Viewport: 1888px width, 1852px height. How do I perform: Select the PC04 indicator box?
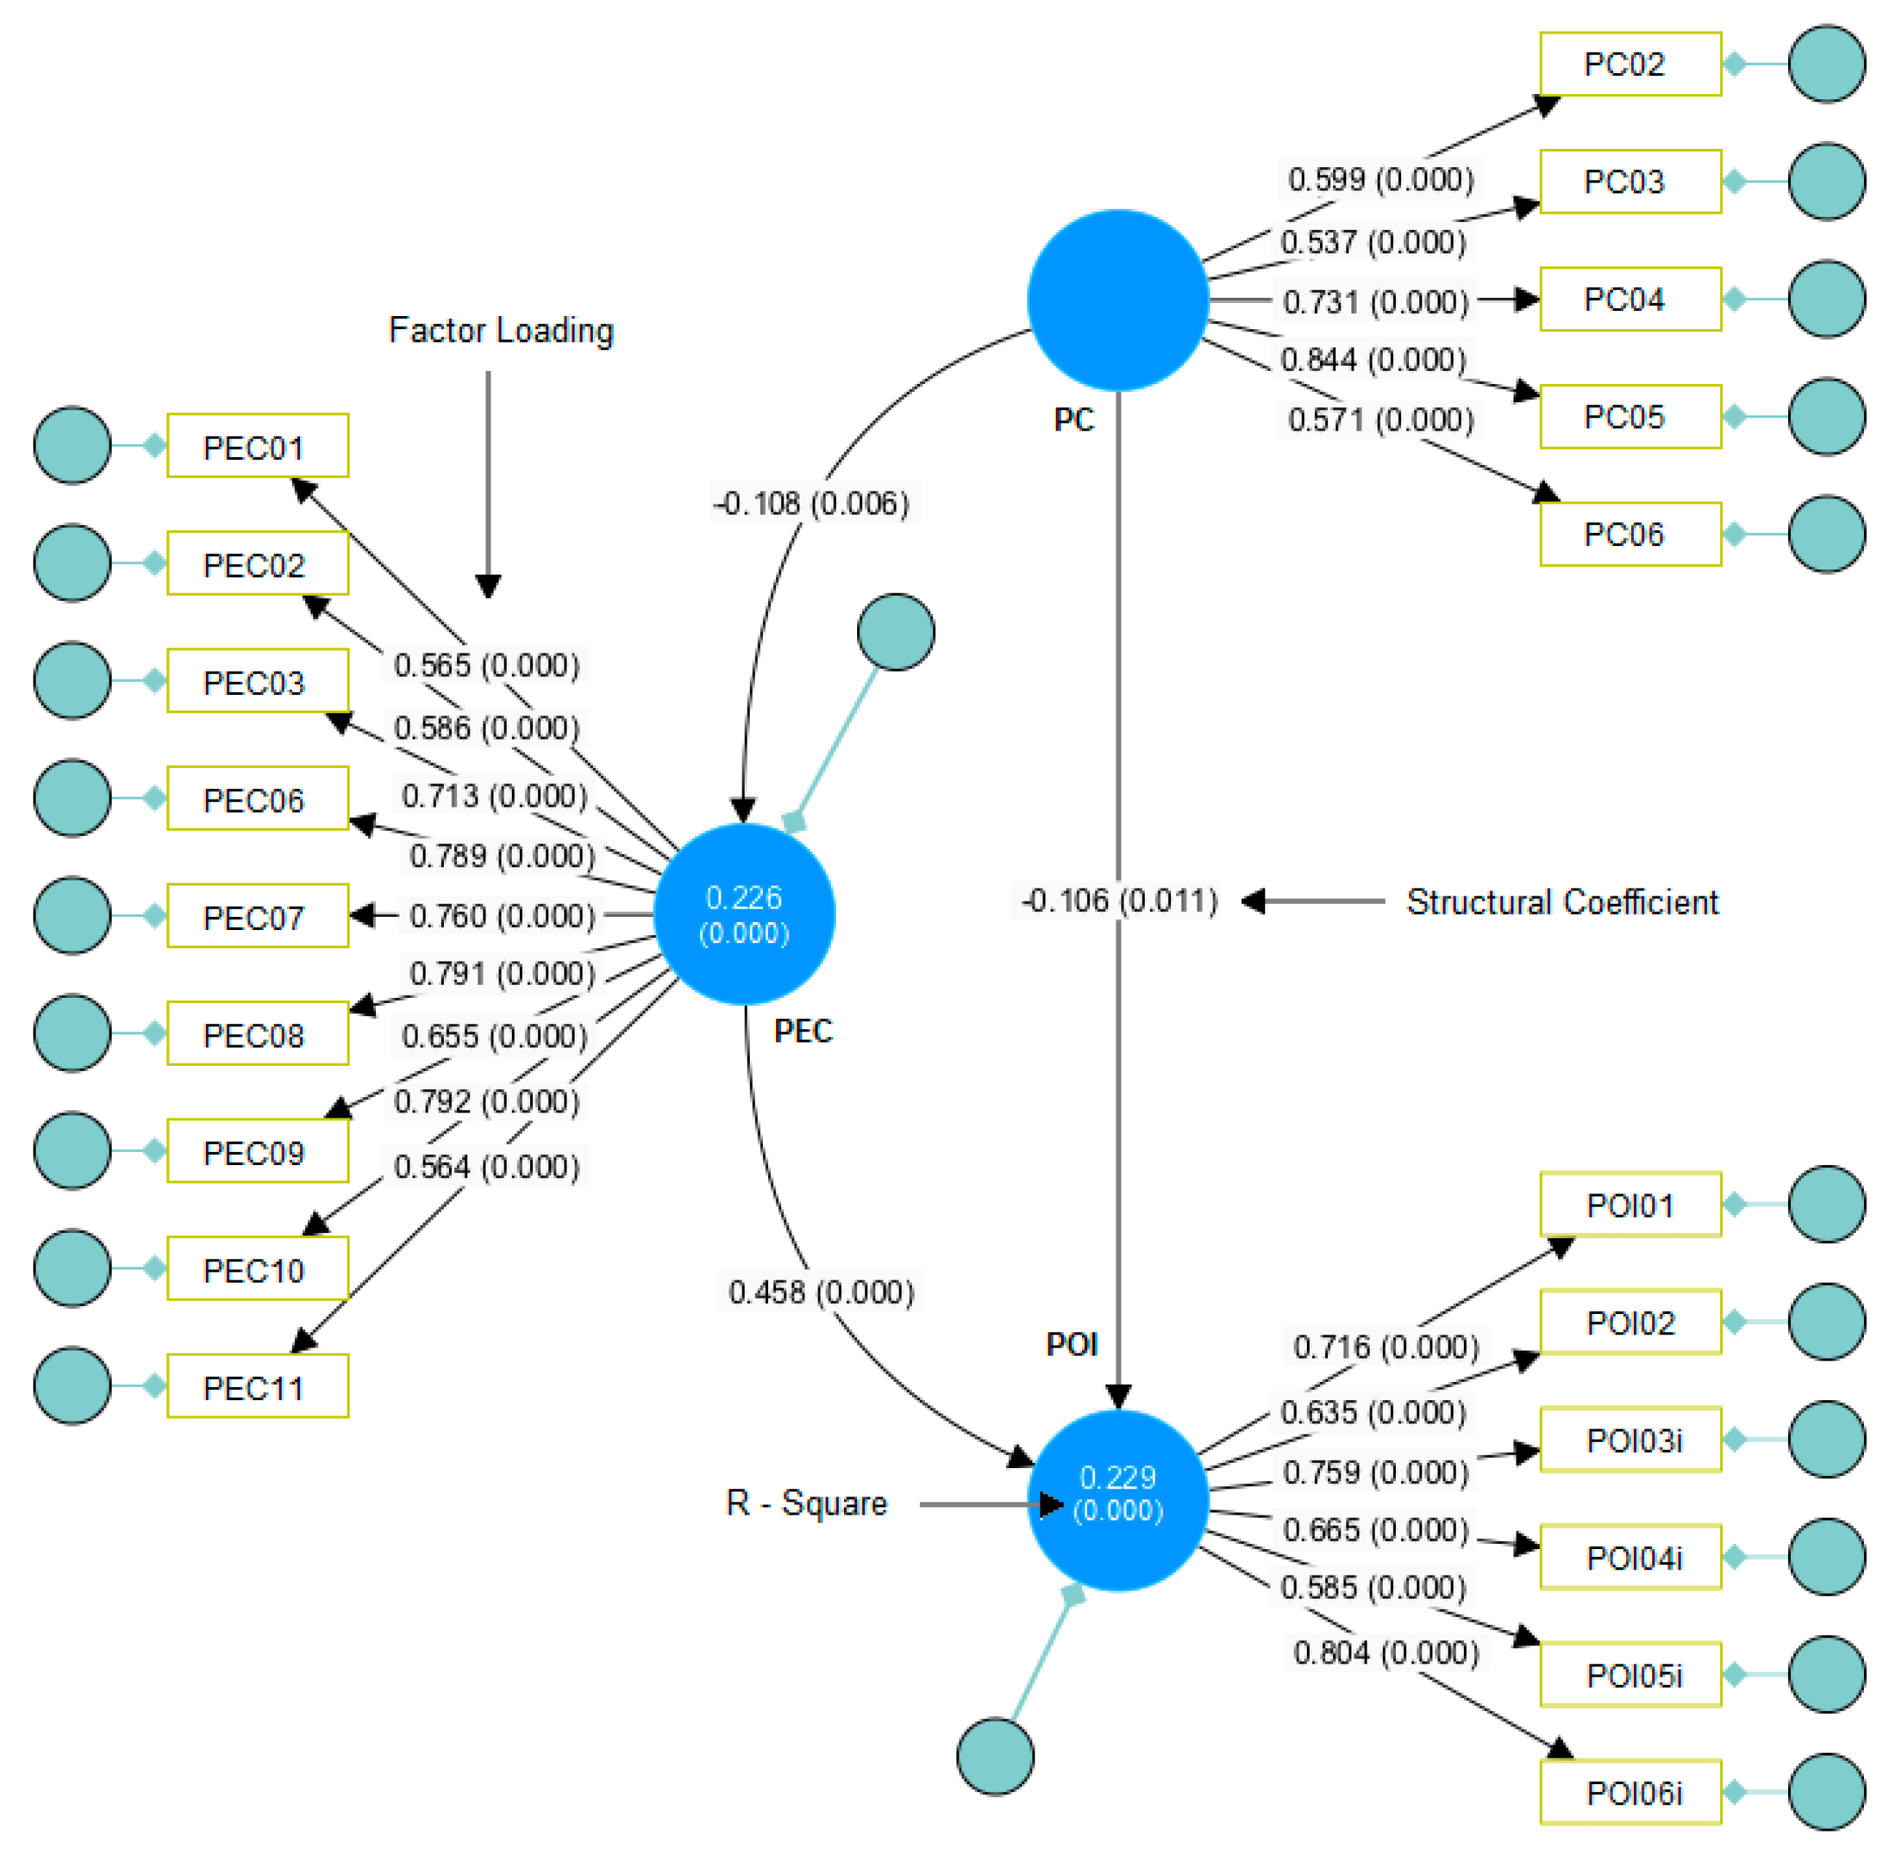pyautogui.click(x=1630, y=299)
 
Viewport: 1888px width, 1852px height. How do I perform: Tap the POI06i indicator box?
pyautogui.click(x=1630, y=1793)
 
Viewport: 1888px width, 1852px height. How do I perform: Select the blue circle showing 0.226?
pyautogui.click(x=744, y=915)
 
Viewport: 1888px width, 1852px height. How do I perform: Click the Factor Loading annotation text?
pyautogui.click(x=501, y=331)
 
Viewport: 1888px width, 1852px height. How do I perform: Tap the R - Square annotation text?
pyautogui.click(x=806, y=1504)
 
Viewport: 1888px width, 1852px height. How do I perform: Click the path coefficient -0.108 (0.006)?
pyautogui.click(x=811, y=504)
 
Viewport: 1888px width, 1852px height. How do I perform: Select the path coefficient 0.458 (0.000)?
pyautogui.click(x=821, y=1293)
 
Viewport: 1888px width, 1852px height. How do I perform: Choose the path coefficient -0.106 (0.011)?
pyautogui.click(x=1118, y=901)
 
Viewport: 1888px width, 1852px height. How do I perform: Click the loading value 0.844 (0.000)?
pyautogui.click(x=1373, y=360)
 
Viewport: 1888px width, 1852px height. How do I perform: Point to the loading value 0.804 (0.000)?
pyautogui.click(x=1385, y=1653)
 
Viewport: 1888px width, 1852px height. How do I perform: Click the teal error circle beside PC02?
pyautogui.click(x=1826, y=64)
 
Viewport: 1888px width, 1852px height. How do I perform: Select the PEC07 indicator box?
pyautogui.click(x=257, y=916)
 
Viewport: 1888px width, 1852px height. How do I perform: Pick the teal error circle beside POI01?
pyautogui.click(x=1826, y=1204)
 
